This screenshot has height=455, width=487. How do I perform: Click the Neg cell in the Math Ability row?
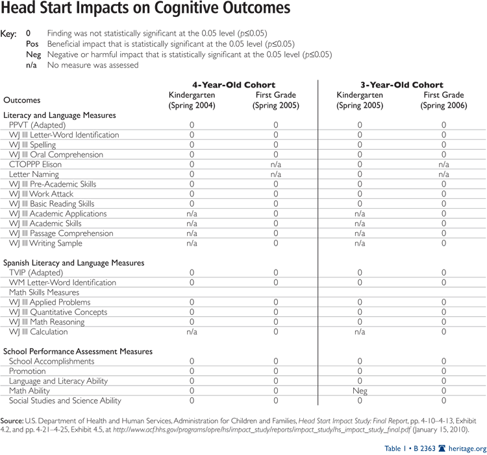(x=360, y=391)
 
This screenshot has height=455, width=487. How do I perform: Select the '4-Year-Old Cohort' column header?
(x=233, y=85)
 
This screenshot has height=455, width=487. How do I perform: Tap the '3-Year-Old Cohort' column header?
(x=402, y=85)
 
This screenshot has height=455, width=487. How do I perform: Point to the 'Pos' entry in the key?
(x=32, y=44)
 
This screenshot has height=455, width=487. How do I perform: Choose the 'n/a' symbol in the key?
(x=31, y=65)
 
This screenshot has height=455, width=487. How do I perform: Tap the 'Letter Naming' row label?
(x=34, y=174)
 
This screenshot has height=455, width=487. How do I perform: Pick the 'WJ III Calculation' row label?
(x=38, y=332)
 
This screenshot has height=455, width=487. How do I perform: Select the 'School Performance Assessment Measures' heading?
(x=77, y=351)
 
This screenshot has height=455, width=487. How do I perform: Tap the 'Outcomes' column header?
(x=21, y=100)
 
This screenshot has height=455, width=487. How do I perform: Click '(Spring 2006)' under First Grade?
(x=444, y=105)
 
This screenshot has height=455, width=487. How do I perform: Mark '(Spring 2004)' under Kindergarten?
(x=192, y=105)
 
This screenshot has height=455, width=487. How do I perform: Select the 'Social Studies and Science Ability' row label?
(x=65, y=401)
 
